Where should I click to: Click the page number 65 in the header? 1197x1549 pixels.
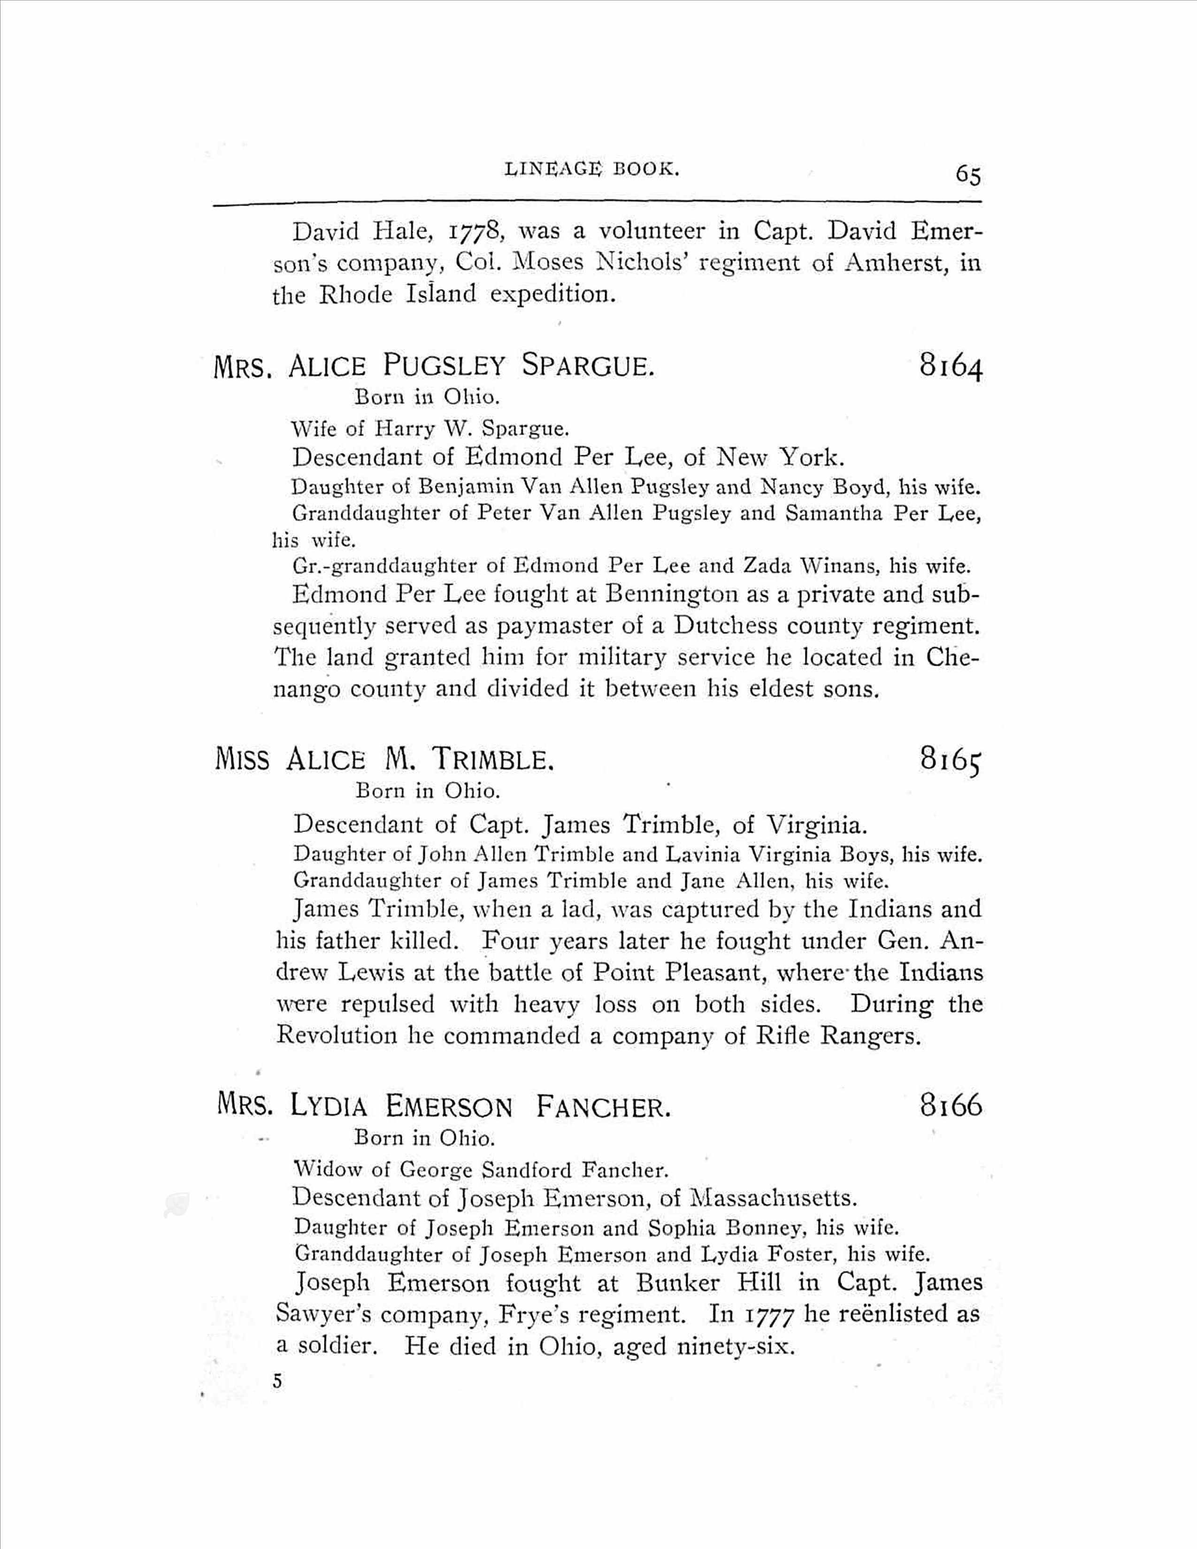tap(967, 175)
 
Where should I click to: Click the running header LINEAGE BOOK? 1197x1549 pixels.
tap(592, 169)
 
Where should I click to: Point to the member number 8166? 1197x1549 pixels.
tap(951, 1105)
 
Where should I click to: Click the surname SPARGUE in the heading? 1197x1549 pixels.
tap(586, 366)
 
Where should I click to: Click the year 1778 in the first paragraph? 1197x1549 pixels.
tap(476, 232)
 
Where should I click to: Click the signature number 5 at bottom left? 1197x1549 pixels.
tap(277, 1381)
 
